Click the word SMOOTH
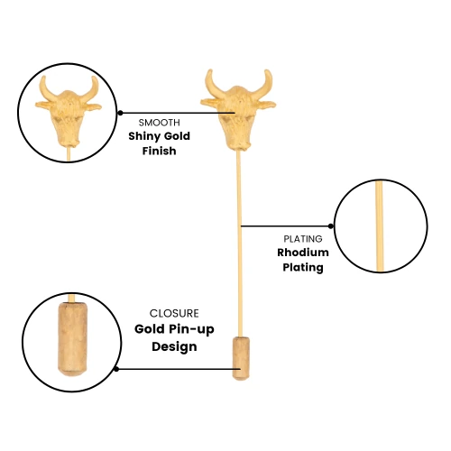pos(159,123)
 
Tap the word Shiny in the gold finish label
pos(143,136)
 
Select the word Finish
pos(159,151)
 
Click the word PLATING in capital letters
pos(303,239)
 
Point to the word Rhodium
pos(303,253)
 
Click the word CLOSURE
pos(174,313)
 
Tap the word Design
pos(174,346)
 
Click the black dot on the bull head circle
pos(120,113)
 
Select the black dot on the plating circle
pos(331,225)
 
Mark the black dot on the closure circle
pos(116,369)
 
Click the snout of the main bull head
pos(240,143)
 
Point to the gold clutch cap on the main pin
pos(241,358)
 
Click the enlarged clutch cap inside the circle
pos(73,339)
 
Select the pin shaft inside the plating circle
pos(380,226)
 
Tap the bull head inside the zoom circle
pos(69,111)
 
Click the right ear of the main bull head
pos(266,105)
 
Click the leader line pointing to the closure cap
pos(179,369)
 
